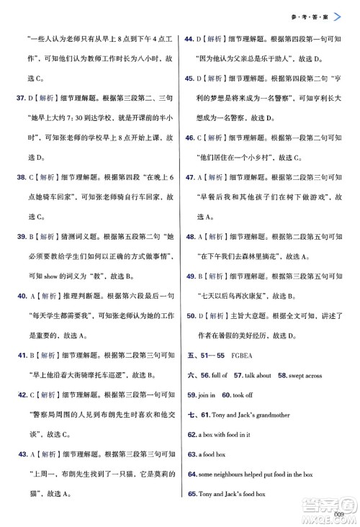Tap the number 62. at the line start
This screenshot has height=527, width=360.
click(x=192, y=434)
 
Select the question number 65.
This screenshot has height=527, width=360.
click(x=192, y=493)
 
